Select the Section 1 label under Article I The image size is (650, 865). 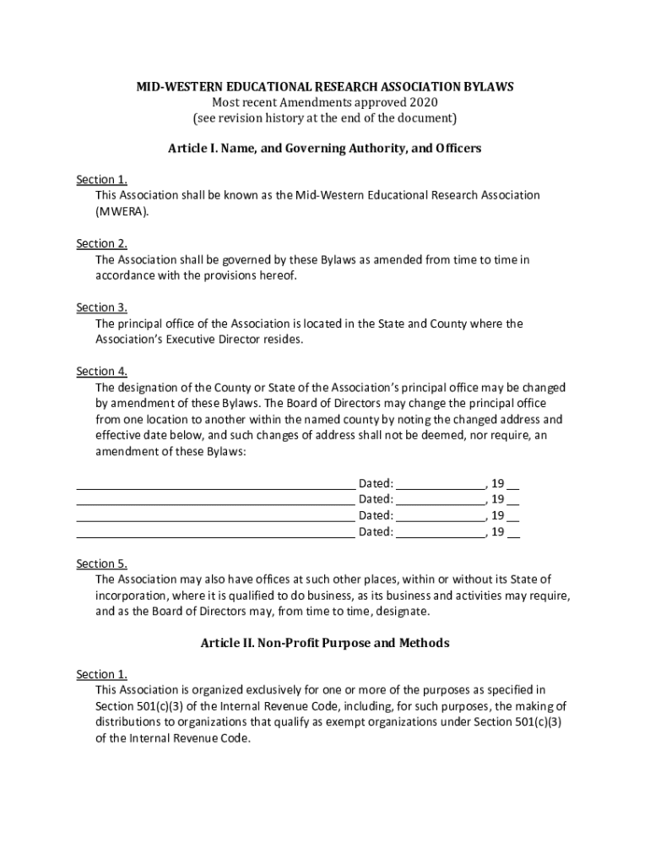tap(101, 179)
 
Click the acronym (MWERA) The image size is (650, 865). tap(122, 211)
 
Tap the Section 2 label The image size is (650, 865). tap(101, 243)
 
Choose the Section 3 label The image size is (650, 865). tap(101, 307)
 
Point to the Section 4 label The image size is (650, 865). tap(101, 372)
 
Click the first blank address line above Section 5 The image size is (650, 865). tap(215, 487)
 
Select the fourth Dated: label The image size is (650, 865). tap(376, 532)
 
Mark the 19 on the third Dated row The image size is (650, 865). tap(498, 516)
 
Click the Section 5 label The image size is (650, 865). tap(101, 563)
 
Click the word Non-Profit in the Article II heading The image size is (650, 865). tap(287, 643)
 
